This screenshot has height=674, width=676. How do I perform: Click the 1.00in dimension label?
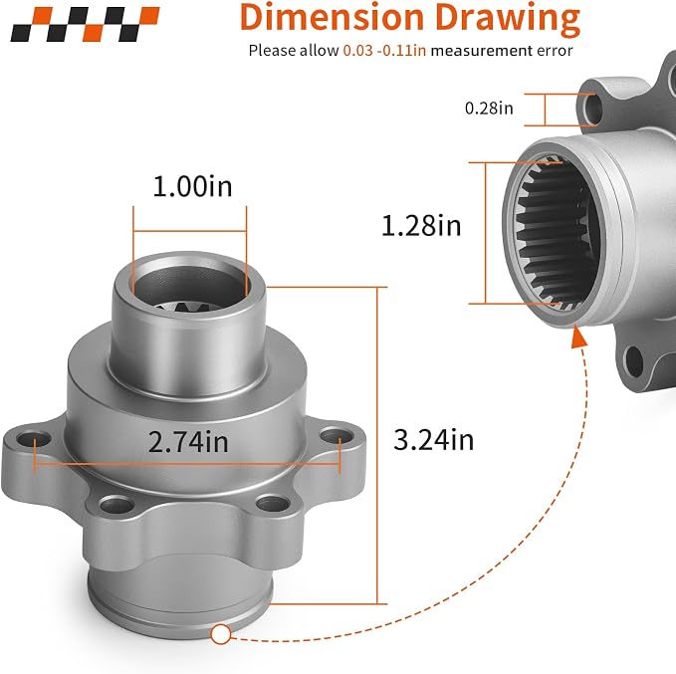point(192,187)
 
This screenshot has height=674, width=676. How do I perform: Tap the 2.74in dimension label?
point(188,442)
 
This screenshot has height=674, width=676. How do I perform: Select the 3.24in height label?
point(433,440)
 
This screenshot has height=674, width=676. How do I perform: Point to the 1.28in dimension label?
point(421,226)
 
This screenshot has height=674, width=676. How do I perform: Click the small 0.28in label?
point(489,108)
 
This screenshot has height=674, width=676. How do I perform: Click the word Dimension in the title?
point(332,18)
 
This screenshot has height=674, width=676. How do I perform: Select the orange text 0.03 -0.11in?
point(384,51)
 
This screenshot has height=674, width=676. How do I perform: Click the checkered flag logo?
point(85,24)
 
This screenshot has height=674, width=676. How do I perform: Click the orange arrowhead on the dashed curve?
point(578,337)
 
